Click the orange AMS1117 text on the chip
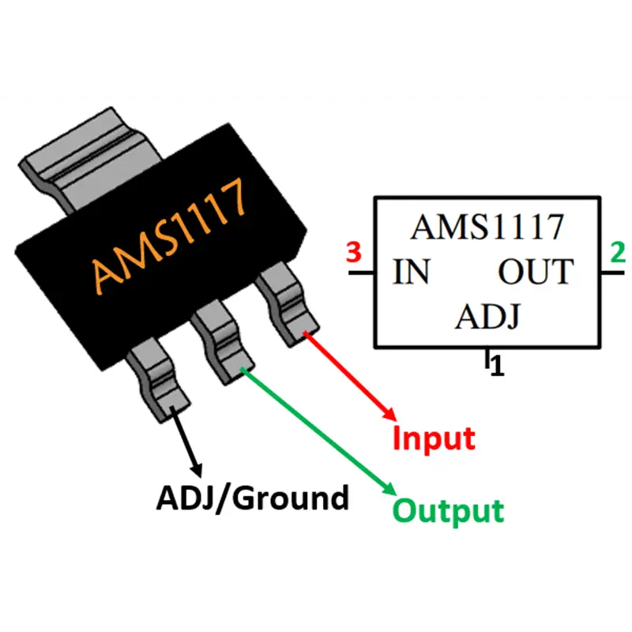click(169, 235)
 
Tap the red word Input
click(434, 438)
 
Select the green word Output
click(448, 510)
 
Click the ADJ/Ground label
click(252, 498)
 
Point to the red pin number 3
click(353, 253)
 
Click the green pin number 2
click(618, 252)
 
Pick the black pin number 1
click(498, 366)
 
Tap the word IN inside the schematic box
click(411, 272)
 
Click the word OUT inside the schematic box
click(536, 272)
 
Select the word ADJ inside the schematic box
click(488, 317)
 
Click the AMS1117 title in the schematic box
click(487, 227)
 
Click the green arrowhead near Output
click(389, 487)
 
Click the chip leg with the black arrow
click(158, 380)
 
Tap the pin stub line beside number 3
click(362, 273)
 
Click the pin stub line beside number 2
click(613, 273)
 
